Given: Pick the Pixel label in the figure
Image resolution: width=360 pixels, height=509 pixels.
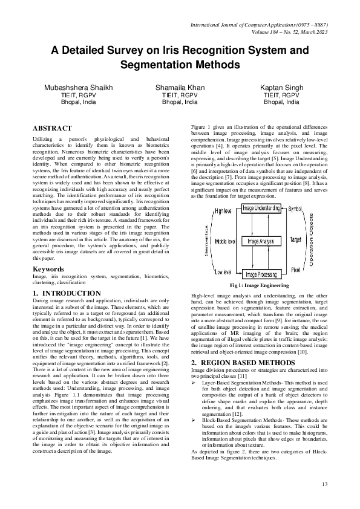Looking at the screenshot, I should [x=295, y=269].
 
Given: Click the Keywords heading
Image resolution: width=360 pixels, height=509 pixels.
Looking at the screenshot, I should [x=48, y=269].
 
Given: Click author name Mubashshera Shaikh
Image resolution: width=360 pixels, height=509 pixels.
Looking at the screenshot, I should [x=79, y=88].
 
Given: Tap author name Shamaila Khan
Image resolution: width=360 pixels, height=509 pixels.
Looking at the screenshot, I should [x=180, y=88].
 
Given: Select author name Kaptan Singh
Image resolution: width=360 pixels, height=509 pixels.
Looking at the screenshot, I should [x=281, y=88].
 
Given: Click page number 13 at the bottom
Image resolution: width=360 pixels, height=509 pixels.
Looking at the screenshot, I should [x=324, y=484].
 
